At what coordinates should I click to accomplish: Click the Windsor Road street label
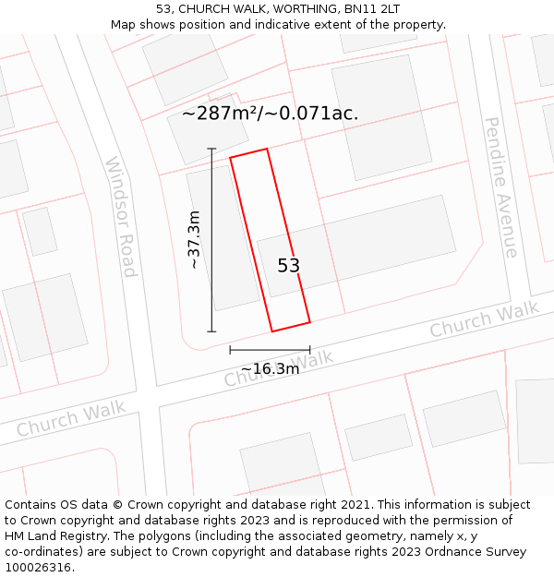click(x=121, y=217)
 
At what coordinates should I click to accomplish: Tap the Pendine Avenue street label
click(x=500, y=186)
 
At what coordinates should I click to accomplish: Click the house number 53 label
click(x=289, y=266)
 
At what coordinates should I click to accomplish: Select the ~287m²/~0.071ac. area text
click(x=270, y=114)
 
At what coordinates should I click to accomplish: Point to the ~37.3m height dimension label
click(x=194, y=239)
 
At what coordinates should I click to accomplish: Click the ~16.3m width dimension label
click(x=270, y=369)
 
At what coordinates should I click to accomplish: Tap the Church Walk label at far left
click(x=70, y=420)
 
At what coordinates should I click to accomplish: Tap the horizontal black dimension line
click(x=270, y=350)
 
